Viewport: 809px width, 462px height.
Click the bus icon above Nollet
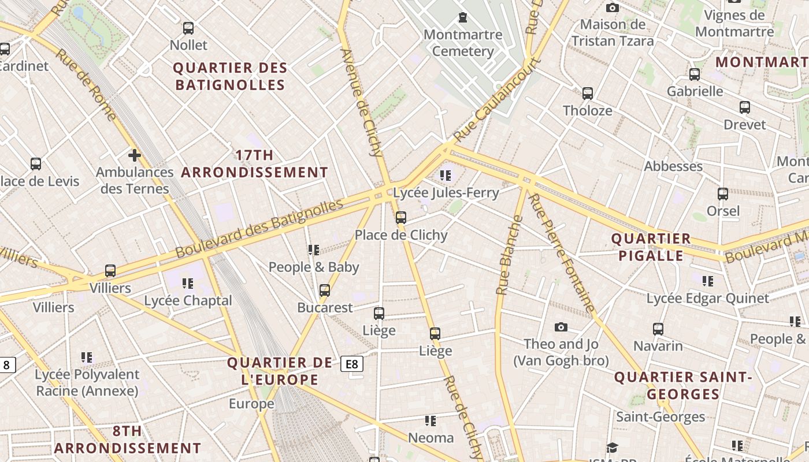(x=188, y=28)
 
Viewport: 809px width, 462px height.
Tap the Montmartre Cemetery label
(x=463, y=43)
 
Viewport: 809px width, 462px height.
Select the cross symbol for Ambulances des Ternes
(x=135, y=155)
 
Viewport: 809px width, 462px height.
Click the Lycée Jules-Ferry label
(x=446, y=193)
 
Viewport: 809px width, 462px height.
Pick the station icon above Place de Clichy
(x=401, y=218)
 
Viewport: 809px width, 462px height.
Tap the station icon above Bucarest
(x=325, y=290)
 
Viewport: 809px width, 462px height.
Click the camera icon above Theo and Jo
(x=561, y=327)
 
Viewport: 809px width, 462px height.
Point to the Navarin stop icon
(x=658, y=329)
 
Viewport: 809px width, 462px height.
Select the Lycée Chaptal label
(x=188, y=300)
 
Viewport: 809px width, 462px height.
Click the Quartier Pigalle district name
(x=651, y=247)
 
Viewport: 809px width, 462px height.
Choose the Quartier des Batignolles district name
(x=231, y=76)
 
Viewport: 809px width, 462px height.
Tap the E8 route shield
(x=352, y=364)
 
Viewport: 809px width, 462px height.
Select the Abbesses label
(x=673, y=166)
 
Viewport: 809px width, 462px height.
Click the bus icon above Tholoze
(x=588, y=93)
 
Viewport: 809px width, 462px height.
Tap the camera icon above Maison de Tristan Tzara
(x=613, y=8)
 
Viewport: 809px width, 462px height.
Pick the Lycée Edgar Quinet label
(x=708, y=299)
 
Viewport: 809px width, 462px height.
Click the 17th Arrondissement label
(x=255, y=163)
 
